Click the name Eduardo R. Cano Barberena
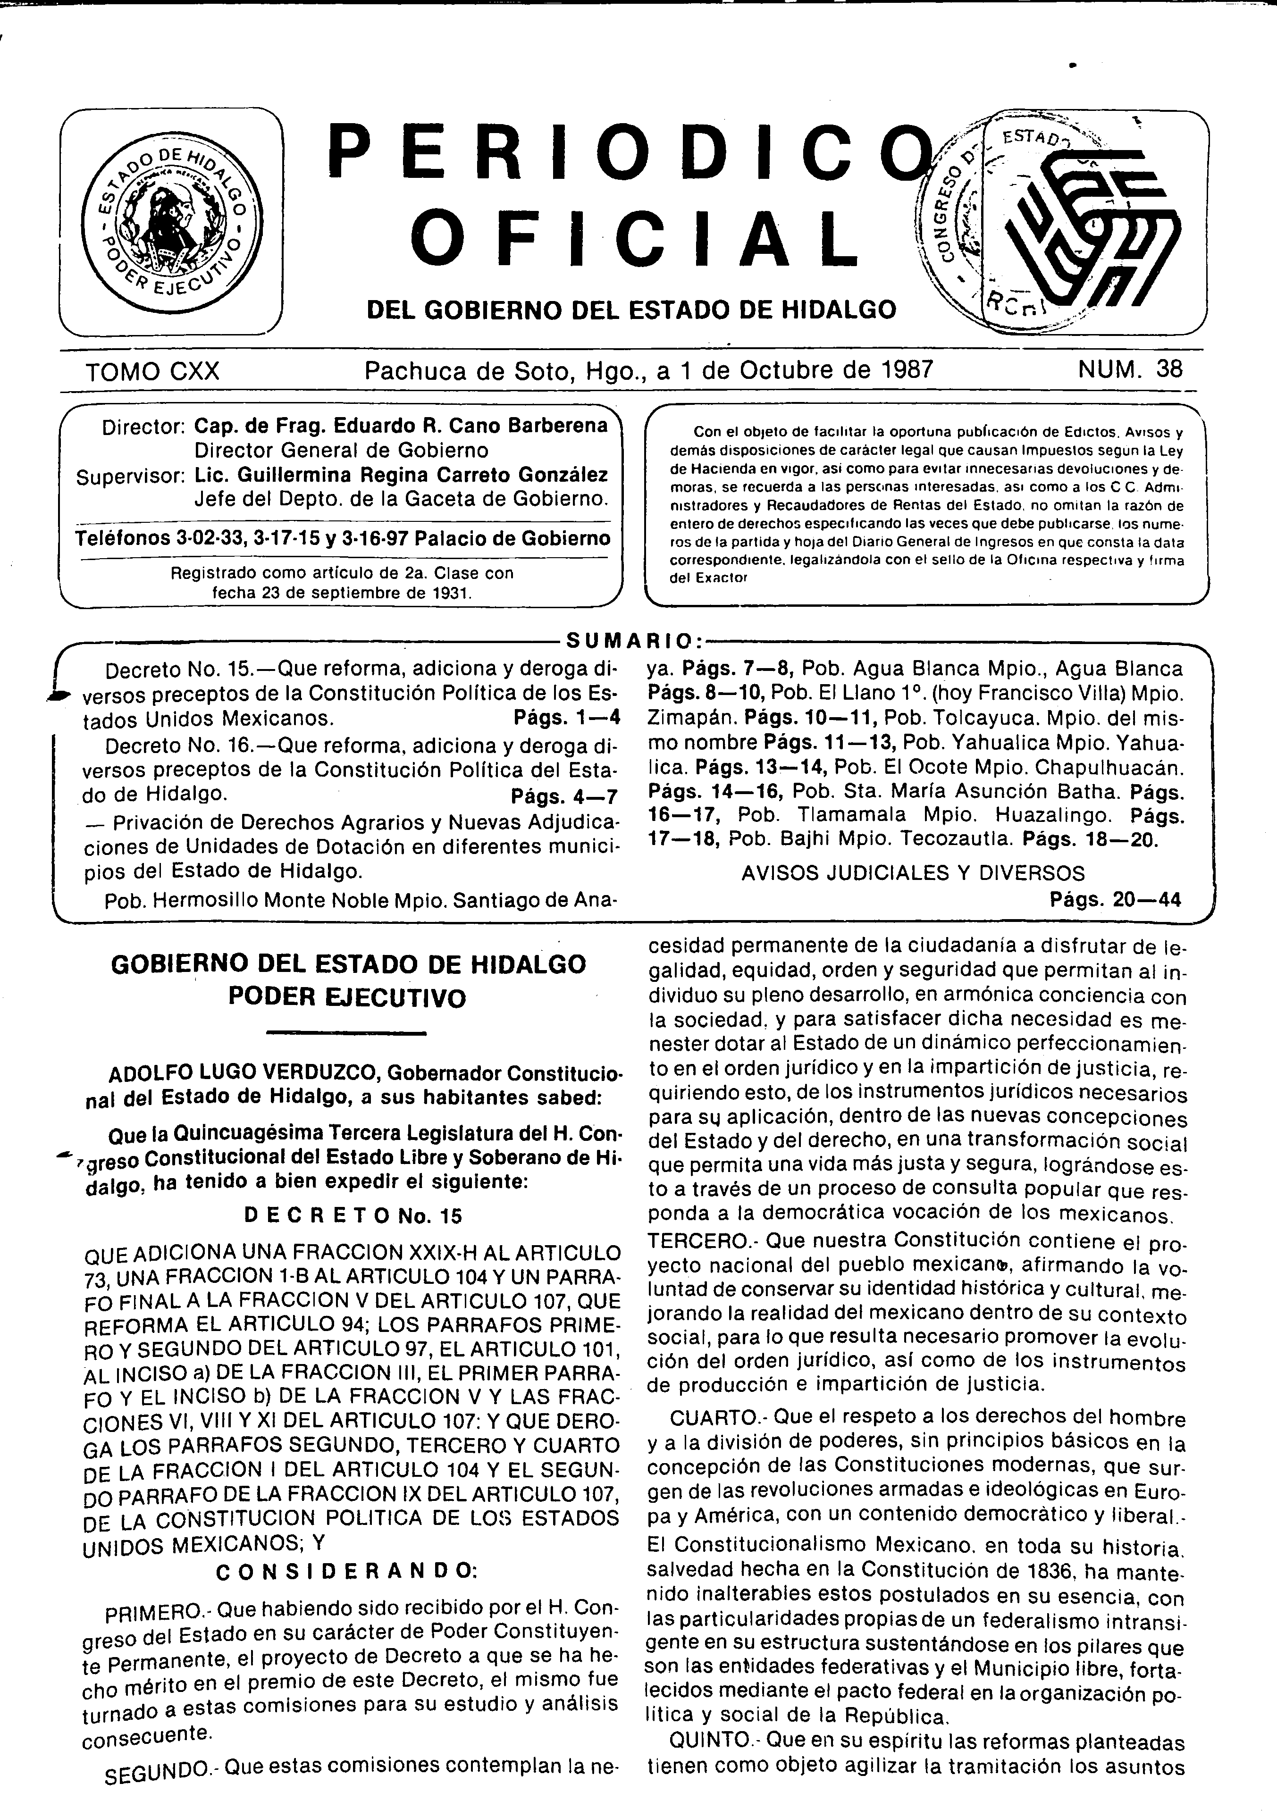(x=472, y=426)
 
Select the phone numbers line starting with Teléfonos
(x=342, y=539)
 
